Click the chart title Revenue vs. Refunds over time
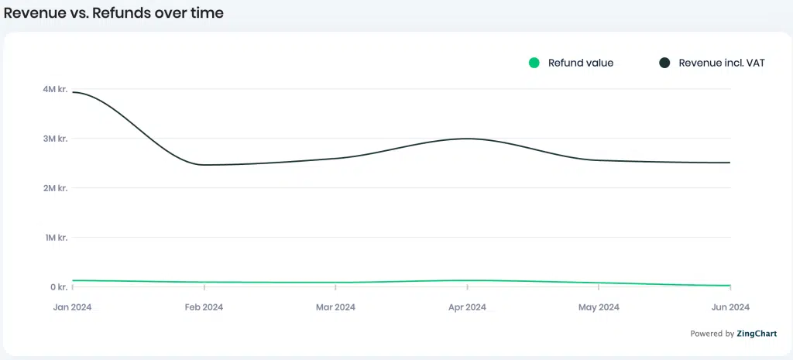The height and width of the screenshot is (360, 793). [x=113, y=13]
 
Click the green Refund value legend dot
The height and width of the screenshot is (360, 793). [x=534, y=63]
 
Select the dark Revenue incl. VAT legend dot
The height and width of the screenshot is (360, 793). [x=664, y=63]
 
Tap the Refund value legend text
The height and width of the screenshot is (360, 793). [x=581, y=63]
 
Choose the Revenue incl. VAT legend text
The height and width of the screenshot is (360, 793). [x=722, y=63]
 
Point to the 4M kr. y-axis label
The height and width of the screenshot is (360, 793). [x=55, y=89]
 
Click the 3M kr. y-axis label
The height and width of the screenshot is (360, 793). [x=55, y=139]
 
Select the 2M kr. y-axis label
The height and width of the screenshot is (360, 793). [x=55, y=188]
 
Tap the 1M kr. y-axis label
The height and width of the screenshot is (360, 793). [x=55, y=238]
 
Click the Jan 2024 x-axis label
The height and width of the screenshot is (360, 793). [x=72, y=307]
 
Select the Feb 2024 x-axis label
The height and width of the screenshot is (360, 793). [x=204, y=307]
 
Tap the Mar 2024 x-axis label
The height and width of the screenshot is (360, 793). [x=336, y=307]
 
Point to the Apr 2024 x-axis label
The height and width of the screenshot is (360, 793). [x=467, y=307]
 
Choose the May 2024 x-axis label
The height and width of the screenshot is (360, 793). [x=599, y=307]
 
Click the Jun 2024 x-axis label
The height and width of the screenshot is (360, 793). [x=730, y=307]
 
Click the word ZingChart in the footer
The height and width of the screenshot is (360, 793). [x=757, y=334]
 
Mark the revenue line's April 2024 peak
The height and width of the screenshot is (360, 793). [x=467, y=139]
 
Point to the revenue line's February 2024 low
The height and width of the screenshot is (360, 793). [x=204, y=165]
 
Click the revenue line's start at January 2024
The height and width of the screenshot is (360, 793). [x=73, y=92]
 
